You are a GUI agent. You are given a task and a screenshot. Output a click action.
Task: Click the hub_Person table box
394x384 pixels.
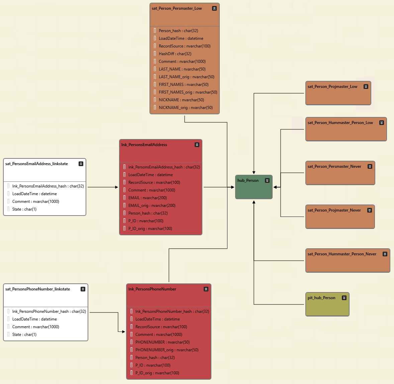254,189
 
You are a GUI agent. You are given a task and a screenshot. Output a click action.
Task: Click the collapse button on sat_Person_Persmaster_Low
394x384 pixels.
214,8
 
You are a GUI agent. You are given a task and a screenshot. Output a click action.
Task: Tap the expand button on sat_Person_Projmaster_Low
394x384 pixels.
366,87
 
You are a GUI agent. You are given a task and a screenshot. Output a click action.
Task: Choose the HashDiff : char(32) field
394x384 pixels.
175,54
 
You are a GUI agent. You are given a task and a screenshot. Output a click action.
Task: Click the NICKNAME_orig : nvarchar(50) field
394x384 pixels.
186,108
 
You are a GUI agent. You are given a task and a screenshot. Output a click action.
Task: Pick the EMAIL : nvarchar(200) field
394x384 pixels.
147,198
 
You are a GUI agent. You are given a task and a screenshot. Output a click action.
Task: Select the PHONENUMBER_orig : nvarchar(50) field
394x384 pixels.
167,350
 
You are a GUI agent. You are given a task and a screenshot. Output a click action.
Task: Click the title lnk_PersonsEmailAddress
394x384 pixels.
144,145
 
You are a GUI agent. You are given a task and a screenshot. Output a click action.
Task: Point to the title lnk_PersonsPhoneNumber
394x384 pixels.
152,289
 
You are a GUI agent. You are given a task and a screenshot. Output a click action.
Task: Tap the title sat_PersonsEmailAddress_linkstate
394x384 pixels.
36,164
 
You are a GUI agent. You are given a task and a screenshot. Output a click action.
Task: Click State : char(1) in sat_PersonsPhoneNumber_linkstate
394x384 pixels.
24,335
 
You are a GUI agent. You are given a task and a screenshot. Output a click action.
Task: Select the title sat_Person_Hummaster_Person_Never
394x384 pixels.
342,254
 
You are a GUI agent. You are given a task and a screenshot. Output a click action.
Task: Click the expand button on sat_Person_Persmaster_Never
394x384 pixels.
370,166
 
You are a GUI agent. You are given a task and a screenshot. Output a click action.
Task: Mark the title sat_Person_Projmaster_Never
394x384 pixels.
334,210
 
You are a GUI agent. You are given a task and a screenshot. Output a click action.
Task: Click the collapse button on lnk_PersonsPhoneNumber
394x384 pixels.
206,289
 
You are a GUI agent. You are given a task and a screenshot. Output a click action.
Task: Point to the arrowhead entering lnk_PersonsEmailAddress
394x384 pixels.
116,187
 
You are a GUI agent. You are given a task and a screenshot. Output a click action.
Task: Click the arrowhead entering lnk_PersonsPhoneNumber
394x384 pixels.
123,332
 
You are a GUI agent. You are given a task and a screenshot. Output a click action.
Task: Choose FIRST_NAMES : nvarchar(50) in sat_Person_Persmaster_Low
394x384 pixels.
183,85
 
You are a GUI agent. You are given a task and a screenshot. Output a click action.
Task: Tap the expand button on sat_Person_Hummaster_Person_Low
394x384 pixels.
382,123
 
